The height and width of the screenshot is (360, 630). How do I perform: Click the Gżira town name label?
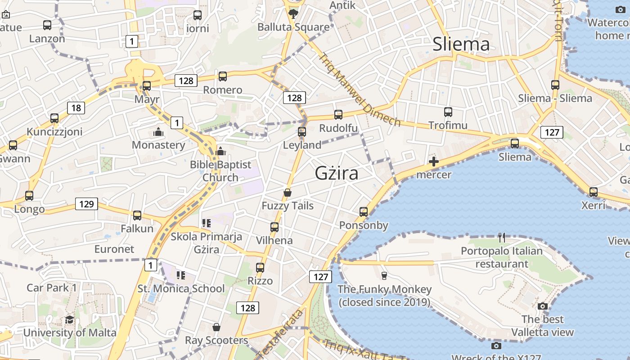pyautogui.click(x=337, y=173)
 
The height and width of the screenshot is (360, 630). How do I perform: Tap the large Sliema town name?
pyautogui.click(x=461, y=44)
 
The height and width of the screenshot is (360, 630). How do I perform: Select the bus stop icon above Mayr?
pyautogui.click(x=147, y=85)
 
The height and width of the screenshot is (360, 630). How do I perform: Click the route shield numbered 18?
pyautogui.click(x=76, y=108)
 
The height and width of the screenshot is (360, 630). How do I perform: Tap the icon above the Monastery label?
pyautogui.click(x=158, y=132)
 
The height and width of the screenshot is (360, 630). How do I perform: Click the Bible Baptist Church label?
pyautogui.click(x=220, y=171)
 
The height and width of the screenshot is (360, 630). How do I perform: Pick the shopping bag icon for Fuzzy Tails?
pyautogui.click(x=288, y=193)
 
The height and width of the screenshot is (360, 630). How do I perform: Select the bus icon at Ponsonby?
pyautogui.click(x=364, y=211)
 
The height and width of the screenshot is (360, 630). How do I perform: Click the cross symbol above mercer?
pyautogui.click(x=434, y=162)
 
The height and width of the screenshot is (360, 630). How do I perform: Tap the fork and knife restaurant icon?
pyautogui.click(x=502, y=237)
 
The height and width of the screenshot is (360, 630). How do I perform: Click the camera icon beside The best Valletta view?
pyautogui.click(x=543, y=306)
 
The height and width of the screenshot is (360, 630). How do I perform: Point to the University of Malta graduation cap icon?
pyautogui.click(x=69, y=319)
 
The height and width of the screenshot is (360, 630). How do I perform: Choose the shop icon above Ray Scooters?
pyautogui.click(x=216, y=327)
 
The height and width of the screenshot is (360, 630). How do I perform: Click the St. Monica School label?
pyautogui.click(x=181, y=288)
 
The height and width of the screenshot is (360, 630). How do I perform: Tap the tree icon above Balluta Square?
pyautogui.click(x=293, y=13)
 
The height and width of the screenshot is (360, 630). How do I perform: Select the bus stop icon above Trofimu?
pyautogui.click(x=448, y=112)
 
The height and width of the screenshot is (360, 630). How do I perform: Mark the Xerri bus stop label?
pyautogui.click(x=594, y=206)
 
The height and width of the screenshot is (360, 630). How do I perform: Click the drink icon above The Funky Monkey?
pyautogui.click(x=384, y=275)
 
